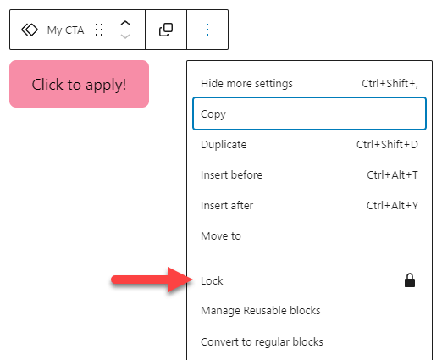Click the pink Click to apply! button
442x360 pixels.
79,84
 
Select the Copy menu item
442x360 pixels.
309,114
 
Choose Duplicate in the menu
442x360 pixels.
224,145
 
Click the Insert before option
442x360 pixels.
231,175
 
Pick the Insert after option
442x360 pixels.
227,206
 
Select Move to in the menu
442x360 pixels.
221,236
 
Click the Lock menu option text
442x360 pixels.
212,281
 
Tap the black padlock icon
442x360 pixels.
410,280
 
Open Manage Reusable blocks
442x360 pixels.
261,311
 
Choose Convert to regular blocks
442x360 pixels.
262,342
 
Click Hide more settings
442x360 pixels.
246,84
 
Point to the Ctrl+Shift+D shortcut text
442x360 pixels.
387,145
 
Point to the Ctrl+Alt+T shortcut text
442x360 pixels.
392,175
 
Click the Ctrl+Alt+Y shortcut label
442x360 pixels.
392,206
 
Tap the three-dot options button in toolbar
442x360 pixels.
207,30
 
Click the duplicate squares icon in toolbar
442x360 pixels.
166,30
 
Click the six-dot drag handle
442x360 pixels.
99,30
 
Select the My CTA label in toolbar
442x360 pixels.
65,30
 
